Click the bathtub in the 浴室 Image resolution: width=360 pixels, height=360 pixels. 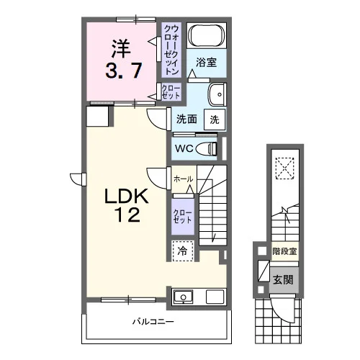click(207, 36)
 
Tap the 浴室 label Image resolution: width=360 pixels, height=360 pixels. click(206, 63)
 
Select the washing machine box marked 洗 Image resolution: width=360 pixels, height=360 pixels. click(215, 120)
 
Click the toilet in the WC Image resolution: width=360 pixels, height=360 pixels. click(207, 148)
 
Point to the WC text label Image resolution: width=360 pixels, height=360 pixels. click(184, 148)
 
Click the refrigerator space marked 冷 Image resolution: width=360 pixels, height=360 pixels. click(183, 251)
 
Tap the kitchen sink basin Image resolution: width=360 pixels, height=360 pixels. click(184, 297)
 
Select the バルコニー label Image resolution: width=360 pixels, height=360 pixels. click(153, 321)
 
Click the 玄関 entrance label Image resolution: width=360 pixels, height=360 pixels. click(284, 280)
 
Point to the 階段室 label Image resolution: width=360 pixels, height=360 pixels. click(284, 251)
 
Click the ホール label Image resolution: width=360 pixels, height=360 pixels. click(183, 179)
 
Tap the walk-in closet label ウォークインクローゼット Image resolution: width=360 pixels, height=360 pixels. click(171, 50)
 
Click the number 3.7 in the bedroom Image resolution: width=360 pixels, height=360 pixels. click(123, 71)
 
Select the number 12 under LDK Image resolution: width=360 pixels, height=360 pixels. click(127, 215)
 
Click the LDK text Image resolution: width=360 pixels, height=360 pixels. click(127, 196)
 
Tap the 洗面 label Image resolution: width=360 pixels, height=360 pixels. click(186, 120)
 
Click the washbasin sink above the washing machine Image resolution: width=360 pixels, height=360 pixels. click(217, 94)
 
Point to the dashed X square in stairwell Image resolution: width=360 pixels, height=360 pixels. click(285, 168)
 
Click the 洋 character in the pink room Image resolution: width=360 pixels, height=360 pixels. click(121, 49)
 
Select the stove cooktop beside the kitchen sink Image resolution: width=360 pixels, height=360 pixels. click(215, 297)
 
